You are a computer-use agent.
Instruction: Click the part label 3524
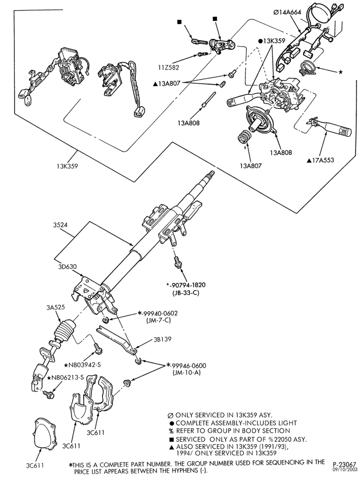[60, 225]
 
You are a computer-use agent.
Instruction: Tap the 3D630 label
[67, 267]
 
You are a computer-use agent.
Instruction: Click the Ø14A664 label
[287, 12]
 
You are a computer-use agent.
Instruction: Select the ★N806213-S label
[66, 378]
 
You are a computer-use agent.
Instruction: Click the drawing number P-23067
[344, 465]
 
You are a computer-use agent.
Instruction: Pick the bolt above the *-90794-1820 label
[177, 262]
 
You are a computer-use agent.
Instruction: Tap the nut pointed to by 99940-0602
[106, 320]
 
